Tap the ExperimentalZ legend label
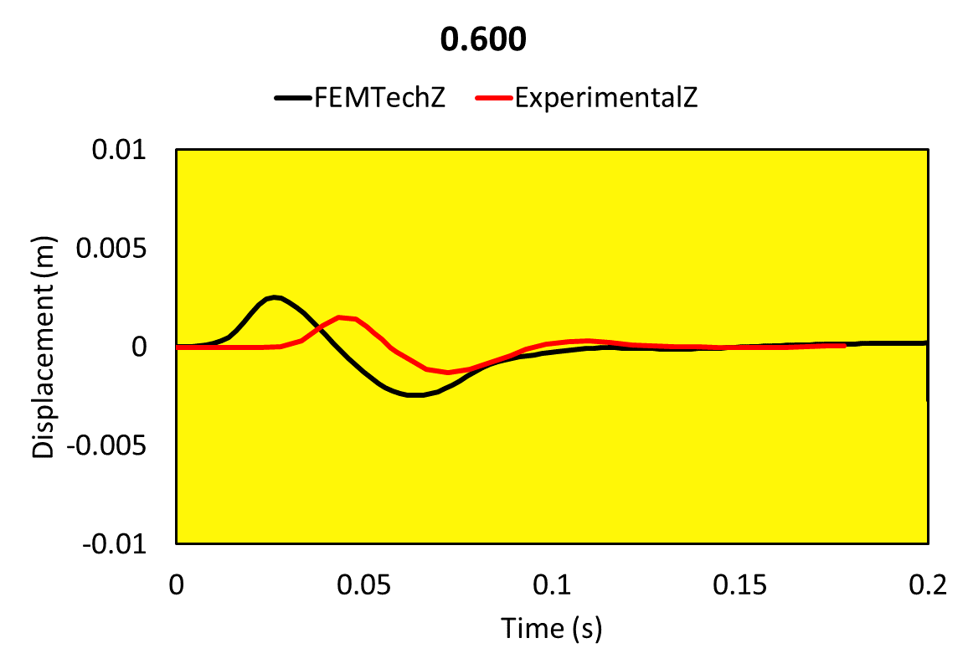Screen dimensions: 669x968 pos(607,98)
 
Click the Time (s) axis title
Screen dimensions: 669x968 pos(551,627)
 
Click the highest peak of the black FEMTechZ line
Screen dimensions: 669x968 pos(274,297)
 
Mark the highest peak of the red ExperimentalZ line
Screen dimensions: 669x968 pos(340,316)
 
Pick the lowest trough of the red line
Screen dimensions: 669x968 pos(449,373)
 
